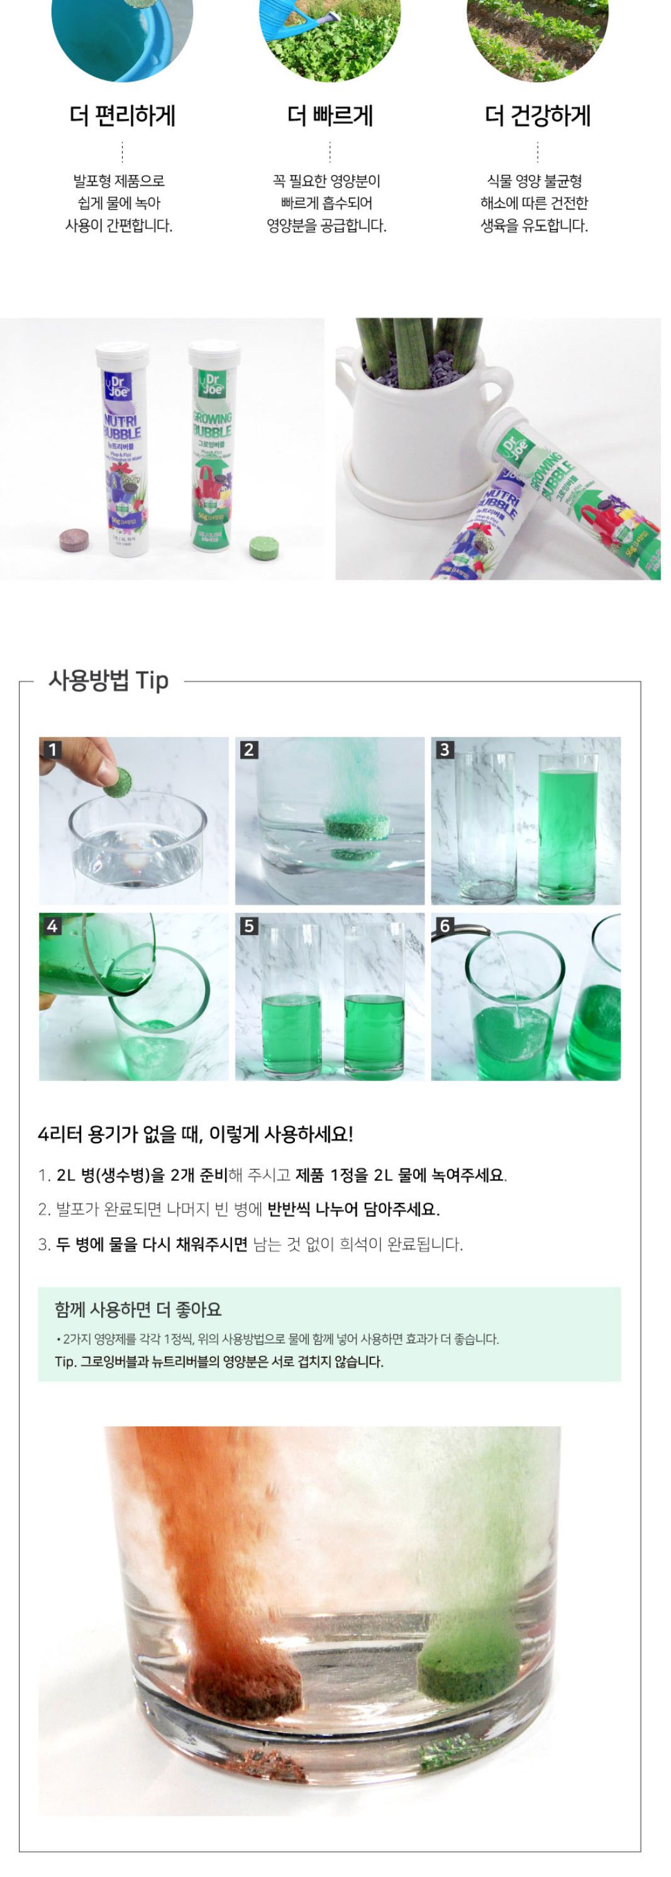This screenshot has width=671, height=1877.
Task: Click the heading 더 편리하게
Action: [123, 116]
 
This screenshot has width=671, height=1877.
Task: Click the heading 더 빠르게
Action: [330, 116]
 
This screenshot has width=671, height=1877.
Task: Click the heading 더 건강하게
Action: [537, 116]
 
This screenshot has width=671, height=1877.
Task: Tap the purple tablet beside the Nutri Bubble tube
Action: [74, 540]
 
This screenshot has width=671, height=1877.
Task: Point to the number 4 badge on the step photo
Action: [52, 926]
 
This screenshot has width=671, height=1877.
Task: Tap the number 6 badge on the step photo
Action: [445, 926]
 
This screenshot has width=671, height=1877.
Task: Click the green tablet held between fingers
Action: [118, 782]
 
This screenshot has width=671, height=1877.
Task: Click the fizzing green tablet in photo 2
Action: [357, 826]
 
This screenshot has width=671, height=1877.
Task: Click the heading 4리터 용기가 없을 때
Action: [194, 1135]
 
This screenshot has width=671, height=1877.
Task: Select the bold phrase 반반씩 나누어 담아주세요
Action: [353, 1209]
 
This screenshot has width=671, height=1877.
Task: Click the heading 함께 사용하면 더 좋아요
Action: [138, 1309]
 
